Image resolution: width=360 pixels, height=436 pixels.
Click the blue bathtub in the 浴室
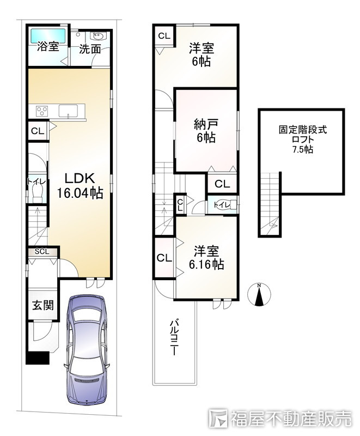point(48,36)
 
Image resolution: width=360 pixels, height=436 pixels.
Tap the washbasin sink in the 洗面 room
point(97,36)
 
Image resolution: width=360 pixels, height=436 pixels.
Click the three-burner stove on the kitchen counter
point(42,111)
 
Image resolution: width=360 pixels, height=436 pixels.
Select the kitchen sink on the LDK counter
point(68,111)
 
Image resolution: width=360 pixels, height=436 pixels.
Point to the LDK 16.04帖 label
point(80,185)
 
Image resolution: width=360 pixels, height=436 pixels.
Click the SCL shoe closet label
point(42,252)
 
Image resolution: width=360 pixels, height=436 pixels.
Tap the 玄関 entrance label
point(43,305)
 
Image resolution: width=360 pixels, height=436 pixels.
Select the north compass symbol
point(259,294)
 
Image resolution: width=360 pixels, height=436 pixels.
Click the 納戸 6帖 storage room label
point(205,131)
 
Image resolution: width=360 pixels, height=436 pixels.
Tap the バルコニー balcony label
point(174,337)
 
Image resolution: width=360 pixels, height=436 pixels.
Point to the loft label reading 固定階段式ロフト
point(303,135)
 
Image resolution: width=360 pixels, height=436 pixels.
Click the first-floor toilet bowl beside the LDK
point(37,193)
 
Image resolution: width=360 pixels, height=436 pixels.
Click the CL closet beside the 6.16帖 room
point(164,258)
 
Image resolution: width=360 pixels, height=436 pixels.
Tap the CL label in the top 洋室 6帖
point(164,36)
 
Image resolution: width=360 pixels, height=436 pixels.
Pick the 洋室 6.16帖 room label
point(206,257)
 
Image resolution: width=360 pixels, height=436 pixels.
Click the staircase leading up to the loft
point(270,204)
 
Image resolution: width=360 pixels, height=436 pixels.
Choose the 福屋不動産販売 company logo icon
point(218,418)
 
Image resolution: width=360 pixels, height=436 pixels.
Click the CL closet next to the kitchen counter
point(38,131)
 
